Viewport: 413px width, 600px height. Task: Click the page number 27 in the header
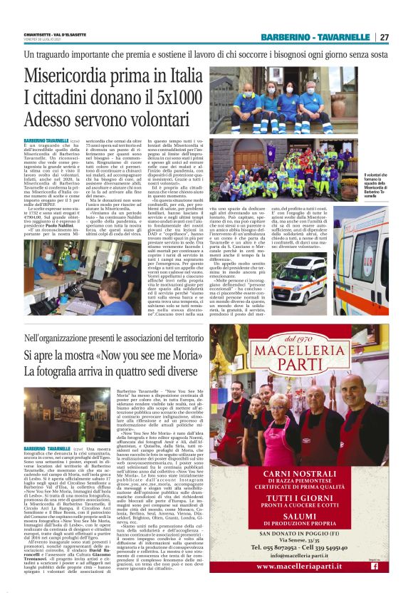click(384, 37)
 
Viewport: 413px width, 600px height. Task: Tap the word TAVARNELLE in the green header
click(341, 37)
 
